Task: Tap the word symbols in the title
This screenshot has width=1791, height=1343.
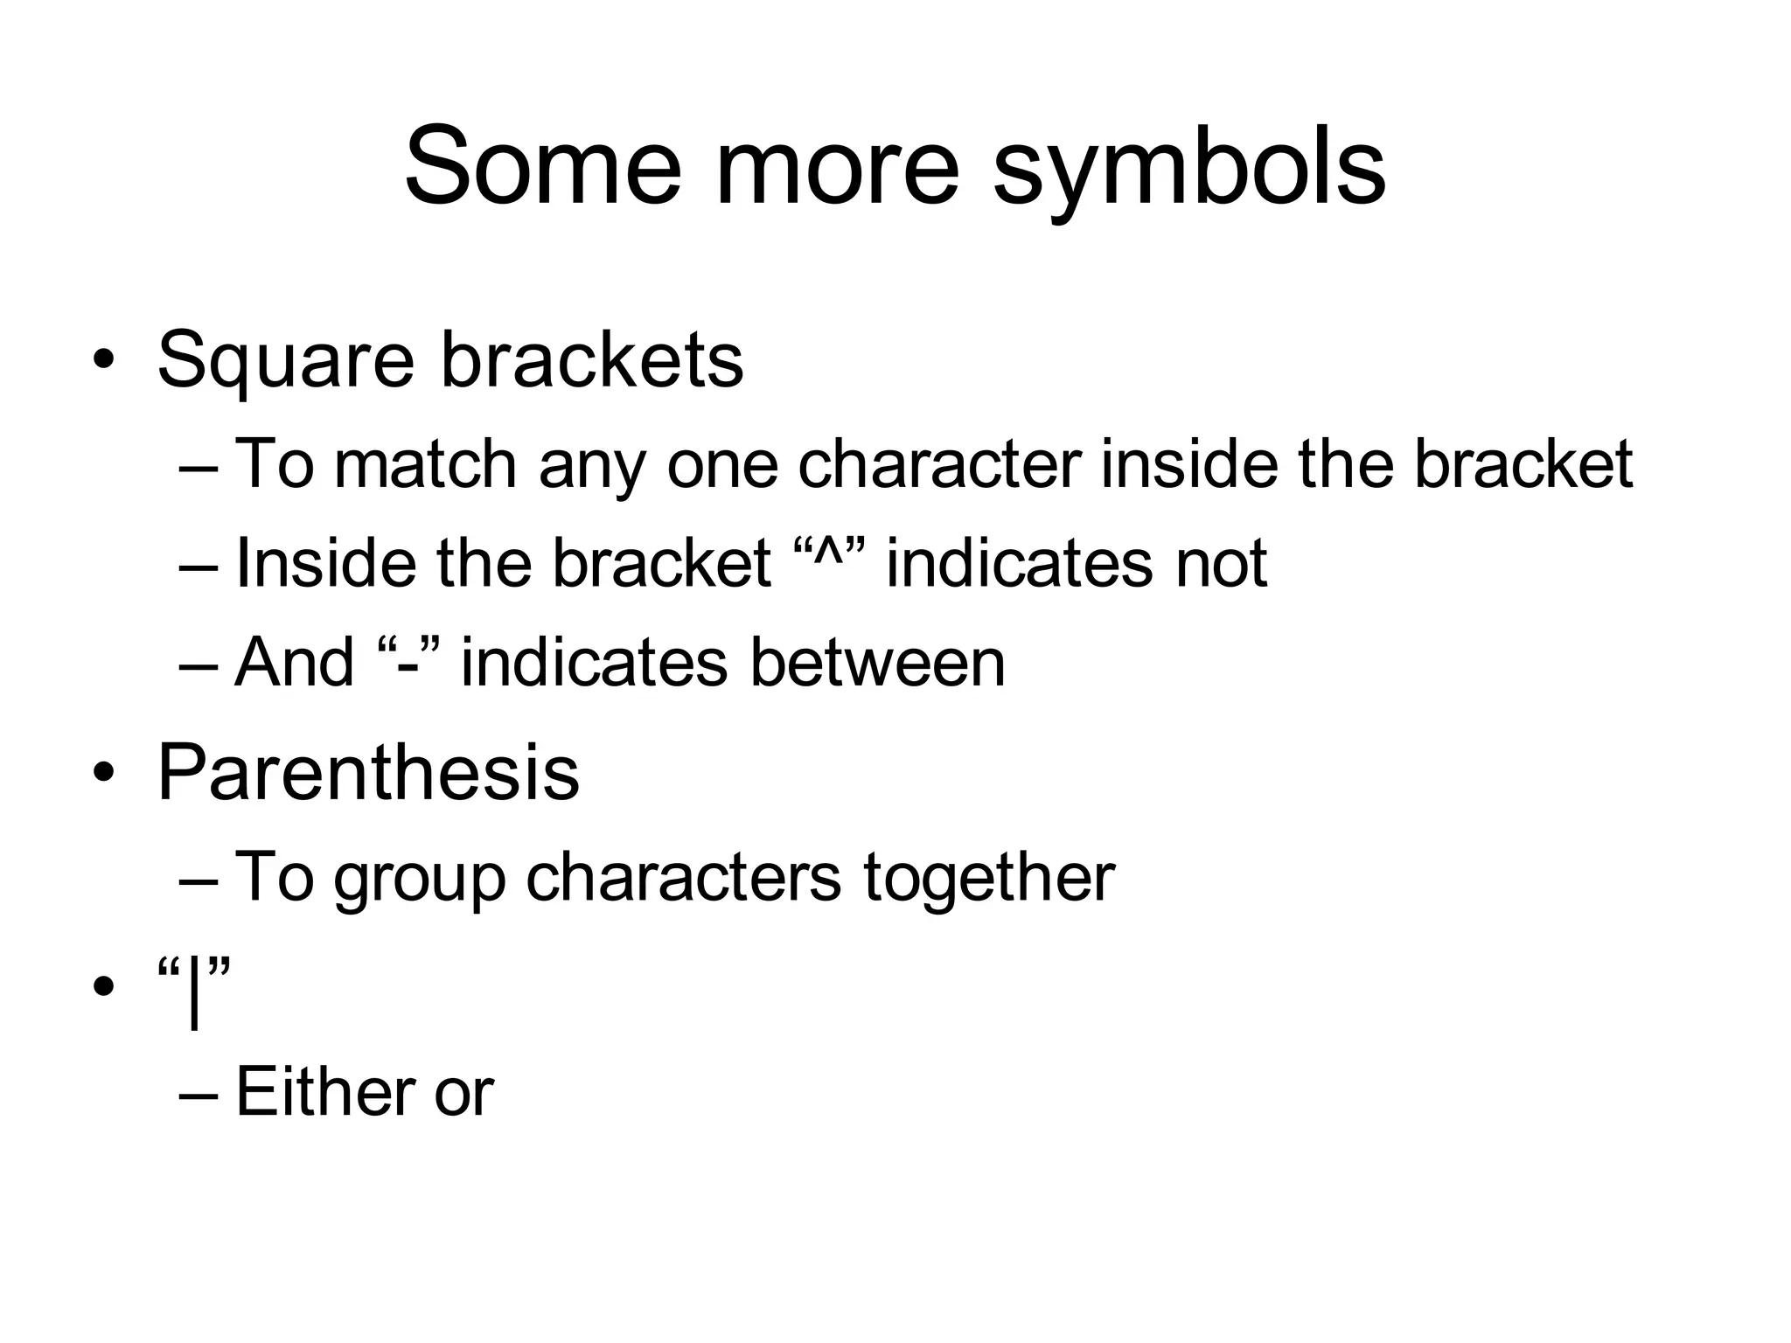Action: (x=1189, y=170)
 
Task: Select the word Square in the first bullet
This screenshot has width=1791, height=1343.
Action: (x=285, y=362)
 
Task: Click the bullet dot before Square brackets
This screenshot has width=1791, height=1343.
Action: (x=104, y=360)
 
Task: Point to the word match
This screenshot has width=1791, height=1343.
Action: (x=426, y=463)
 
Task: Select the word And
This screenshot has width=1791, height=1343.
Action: (x=295, y=663)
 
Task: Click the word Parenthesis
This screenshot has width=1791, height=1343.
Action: (x=368, y=773)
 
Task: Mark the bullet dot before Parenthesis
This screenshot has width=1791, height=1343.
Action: (x=104, y=773)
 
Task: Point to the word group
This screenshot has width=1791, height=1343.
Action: (x=420, y=880)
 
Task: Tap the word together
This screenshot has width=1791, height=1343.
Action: (x=988, y=877)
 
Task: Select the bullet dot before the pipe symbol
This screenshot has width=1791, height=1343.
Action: (x=104, y=987)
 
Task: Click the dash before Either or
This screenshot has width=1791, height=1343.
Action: (x=200, y=1095)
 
